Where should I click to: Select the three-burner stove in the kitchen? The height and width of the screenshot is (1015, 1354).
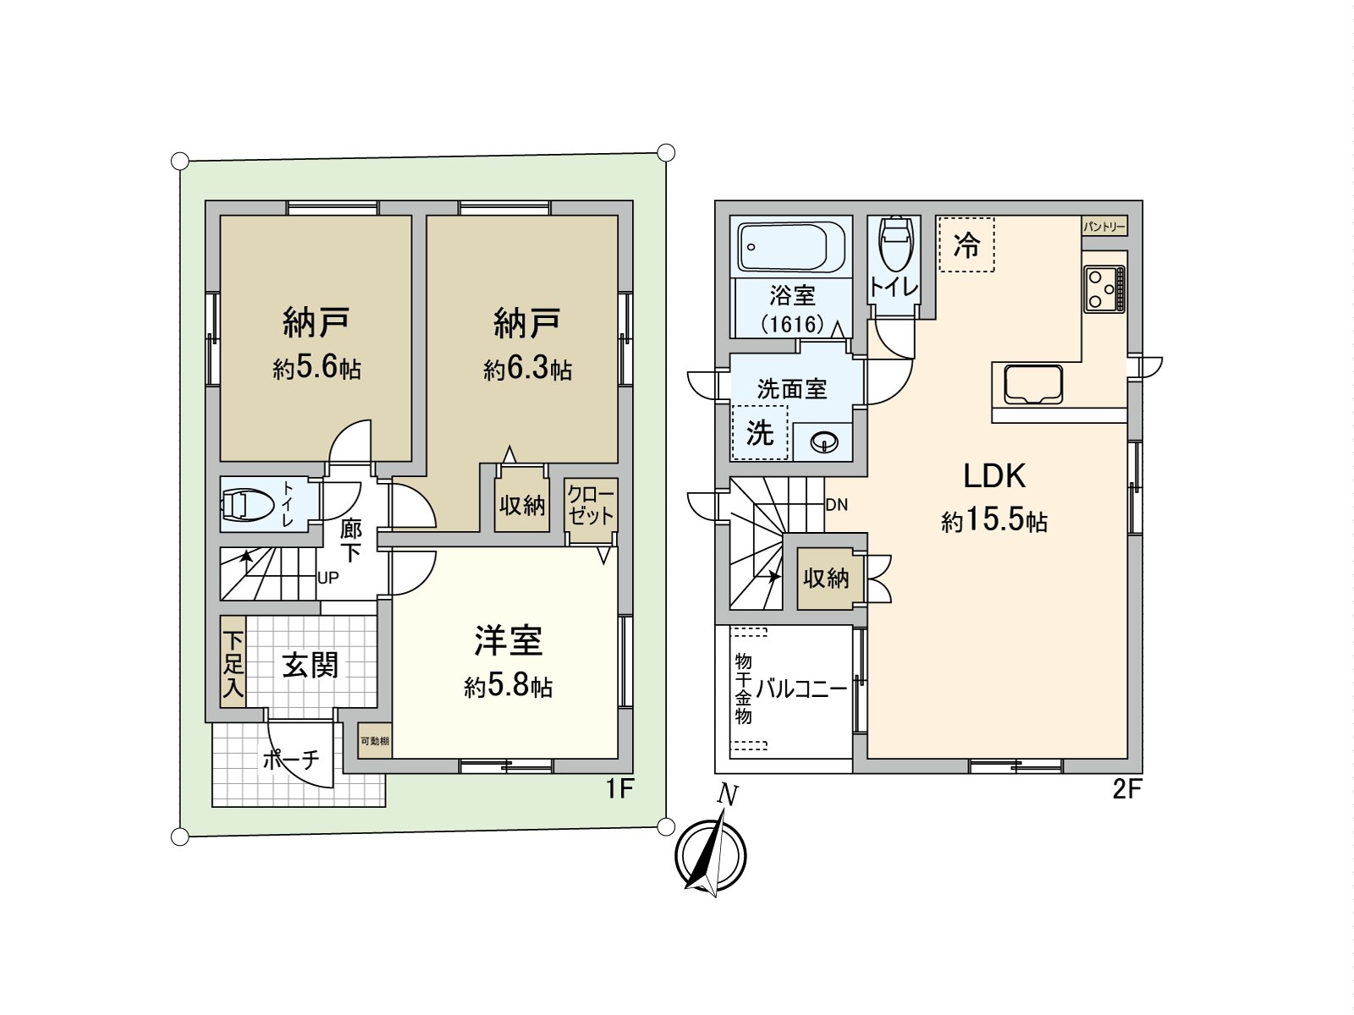tap(1104, 288)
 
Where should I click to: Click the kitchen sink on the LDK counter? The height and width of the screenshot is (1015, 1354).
tap(1032, 386)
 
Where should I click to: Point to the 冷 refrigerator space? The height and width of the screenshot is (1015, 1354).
tap(966, 244)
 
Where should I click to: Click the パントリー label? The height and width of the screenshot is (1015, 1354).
tap(1104, 227)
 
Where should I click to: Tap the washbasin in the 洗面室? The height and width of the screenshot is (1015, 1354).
tap(823, 442)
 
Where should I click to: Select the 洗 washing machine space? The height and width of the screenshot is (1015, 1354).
tap(760, 433)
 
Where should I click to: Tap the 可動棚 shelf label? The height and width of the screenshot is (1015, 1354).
tap(375, 741)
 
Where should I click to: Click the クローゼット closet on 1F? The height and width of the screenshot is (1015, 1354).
tap(591, 505)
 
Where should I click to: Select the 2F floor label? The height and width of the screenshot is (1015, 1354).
tap(1126, 789)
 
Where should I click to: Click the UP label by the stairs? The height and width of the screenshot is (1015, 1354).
tap(327, 579)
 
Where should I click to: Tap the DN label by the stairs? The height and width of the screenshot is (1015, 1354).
tap(836, 505)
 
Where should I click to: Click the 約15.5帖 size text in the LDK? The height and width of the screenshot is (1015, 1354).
tap(994, 520)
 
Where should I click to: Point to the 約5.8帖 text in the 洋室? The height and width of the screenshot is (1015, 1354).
tap(508, 687)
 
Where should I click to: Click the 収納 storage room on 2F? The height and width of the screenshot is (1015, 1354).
tap(826, 579)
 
